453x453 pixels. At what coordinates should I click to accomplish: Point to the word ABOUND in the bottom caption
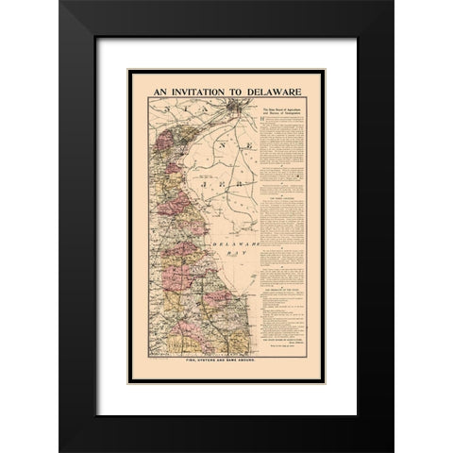[x=260, y=361]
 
